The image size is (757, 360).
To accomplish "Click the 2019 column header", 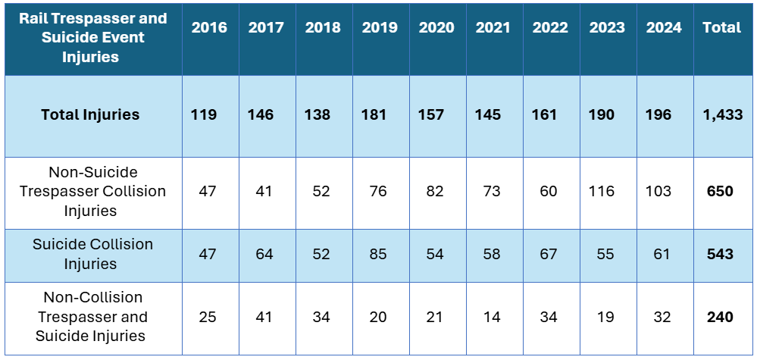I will pyautogui.click(x=380, y=28).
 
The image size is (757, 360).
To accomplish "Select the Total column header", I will pyautogui.click(x=721, y=28).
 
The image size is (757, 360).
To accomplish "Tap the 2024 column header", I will pyautogui.click(x=664, y=28).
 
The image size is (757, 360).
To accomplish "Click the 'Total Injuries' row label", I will pyautogui.click(x=90, y=115).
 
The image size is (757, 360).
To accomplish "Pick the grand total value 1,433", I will pyautogui.click(x=722, y=115).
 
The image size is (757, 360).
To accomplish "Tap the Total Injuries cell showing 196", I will pyautogui.click(x=658, y=115).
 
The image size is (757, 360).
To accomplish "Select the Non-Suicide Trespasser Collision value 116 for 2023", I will pyautogui.click(x=603, y=191).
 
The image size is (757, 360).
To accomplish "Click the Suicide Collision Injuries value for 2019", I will pyautogui.click(x=377, y=254).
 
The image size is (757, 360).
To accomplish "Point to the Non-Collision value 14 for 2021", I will pyautogui.click(x=492, y=317).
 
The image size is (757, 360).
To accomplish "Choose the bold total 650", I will pyautogui.click(x=719, y=191).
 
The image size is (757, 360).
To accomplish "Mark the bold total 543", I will pyautogui.click(x=719, y=254).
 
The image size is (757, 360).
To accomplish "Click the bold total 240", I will pyautogui.click(x=719, y=317).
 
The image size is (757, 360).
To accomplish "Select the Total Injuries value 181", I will pyautogui.click(x=374, y=115).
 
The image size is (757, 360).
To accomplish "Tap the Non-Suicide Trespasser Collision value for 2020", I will pyautogui.click(x=434, y=191).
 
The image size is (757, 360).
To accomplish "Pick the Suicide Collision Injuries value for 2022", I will pyautogui.click(x=549, y=254).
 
